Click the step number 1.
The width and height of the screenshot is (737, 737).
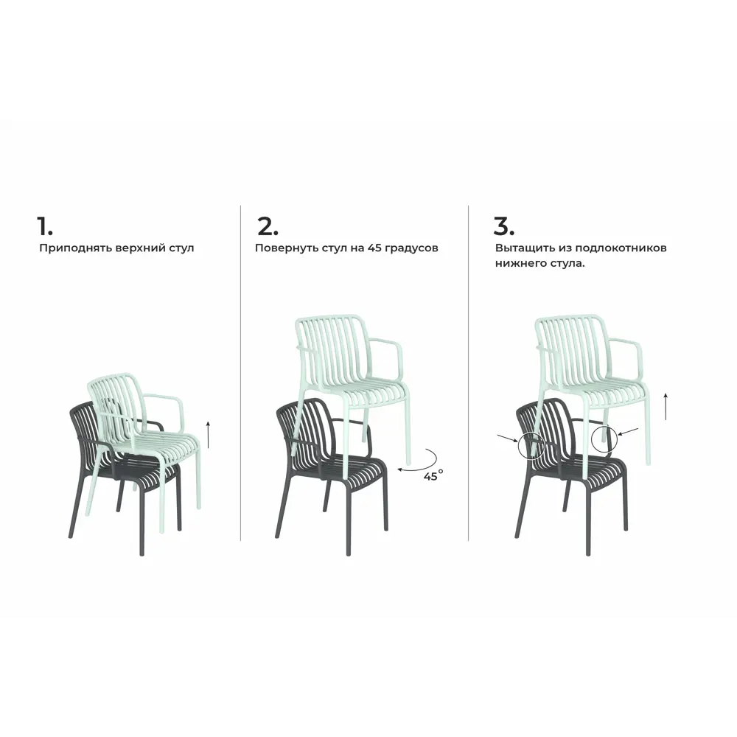click(x=45, y=226)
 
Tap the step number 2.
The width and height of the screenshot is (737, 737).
click(x=268, y=226)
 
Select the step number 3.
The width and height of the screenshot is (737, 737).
click(x=503, y=226)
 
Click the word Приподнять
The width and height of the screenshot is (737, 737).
click(x=69, y=248)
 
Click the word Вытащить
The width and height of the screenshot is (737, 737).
click(x=525, y=248)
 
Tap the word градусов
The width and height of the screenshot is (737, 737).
click(x=411, y=248)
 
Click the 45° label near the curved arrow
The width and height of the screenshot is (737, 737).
click(x=433, y=475)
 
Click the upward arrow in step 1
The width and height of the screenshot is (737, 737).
click(x=209, y=435)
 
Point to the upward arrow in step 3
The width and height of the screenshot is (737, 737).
click(x=666, y=406)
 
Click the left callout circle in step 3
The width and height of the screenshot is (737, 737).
click(x=519, y=447)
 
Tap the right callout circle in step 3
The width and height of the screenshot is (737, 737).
click(x=592, y=439)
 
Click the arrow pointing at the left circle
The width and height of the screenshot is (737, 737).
click(x=508, y=439)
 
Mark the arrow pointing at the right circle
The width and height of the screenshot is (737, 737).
click(x=629, y=431)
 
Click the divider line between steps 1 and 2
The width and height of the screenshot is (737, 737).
click(x=241, y=373)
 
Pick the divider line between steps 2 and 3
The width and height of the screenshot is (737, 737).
click(x=469, y=373)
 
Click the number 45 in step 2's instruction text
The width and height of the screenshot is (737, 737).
click(x=374, y=248)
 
